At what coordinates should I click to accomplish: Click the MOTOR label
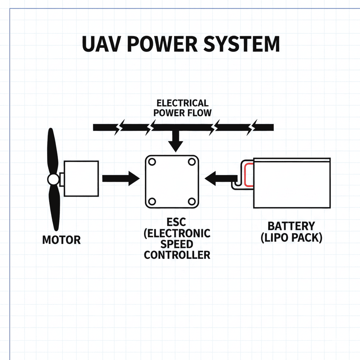click(62, 240)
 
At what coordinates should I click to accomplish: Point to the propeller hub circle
click(53, 180)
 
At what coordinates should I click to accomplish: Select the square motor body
click(82, 178)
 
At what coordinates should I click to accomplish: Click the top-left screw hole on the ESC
click(152, 162)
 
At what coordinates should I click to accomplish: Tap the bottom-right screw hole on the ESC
click(192, 201)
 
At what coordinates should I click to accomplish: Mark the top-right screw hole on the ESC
click(192, 162)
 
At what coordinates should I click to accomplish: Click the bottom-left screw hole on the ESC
click(152, 201)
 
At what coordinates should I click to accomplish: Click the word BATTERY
click(291, 226)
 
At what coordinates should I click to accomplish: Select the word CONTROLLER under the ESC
click(177, 255)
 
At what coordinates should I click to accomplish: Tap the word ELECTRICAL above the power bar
click(182, 103)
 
